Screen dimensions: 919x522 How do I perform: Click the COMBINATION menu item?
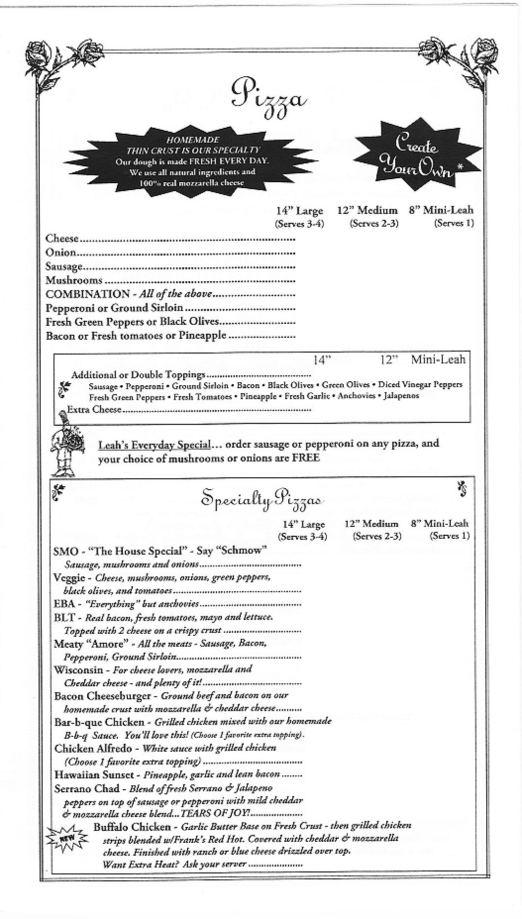(88, 294)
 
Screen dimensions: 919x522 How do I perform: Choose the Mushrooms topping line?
(74, 280)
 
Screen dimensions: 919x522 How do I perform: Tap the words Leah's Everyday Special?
(155, 444)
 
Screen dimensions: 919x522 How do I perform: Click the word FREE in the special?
(305, 458)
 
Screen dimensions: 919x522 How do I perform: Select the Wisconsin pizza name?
(78, 670)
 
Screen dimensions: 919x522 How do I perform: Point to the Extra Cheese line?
(94, 409)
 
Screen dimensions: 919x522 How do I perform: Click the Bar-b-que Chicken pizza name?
(99, 722)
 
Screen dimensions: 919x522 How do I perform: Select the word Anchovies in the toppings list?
(358, 396)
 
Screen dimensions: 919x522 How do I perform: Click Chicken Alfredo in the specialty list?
(93, 748)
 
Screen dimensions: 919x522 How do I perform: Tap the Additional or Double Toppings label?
(138, 375)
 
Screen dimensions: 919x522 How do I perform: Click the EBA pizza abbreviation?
(64, 604)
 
